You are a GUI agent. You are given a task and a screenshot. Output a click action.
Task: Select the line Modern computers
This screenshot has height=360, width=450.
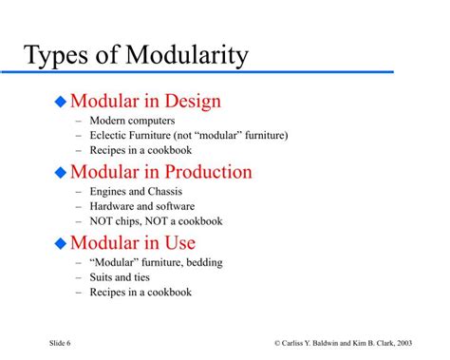132,121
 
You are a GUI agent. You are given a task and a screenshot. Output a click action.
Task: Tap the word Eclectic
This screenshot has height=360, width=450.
112,135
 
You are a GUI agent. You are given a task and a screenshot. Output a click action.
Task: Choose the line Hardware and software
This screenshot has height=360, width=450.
142,206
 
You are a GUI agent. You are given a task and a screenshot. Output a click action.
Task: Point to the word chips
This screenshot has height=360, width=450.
130,220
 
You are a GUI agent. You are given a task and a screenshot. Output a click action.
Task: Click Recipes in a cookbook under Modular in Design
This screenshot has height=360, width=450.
141,149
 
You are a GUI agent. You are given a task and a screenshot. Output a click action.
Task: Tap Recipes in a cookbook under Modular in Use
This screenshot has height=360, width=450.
141,292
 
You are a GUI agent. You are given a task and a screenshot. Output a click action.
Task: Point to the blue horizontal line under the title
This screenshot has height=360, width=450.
209,71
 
